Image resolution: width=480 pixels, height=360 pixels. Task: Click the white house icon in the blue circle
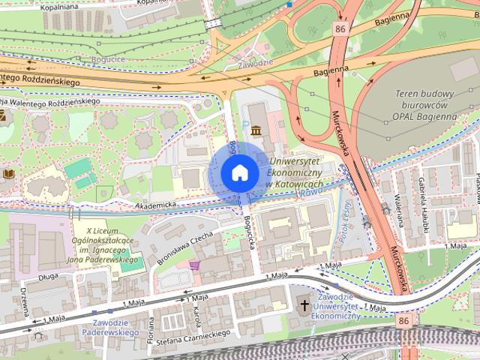[239, 172]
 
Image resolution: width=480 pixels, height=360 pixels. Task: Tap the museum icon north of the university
[257, 131]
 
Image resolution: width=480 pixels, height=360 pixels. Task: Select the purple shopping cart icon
[195, 266]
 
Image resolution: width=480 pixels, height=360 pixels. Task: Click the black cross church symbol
[304, 305]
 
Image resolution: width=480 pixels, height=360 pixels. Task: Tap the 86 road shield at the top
[342, 29]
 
